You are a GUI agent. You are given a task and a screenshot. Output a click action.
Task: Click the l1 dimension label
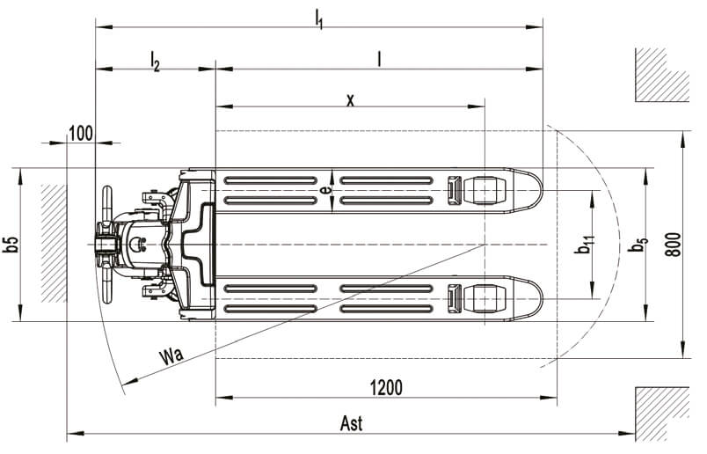point(319,18)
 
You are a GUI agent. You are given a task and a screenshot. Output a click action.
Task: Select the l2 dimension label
point(155,61)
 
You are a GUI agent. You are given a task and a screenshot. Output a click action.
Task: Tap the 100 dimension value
point(81,134)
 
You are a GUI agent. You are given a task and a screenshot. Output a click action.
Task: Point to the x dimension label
point(350,99)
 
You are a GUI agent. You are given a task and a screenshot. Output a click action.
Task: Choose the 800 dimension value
point(674,245)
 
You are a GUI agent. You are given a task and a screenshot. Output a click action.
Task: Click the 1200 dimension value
point(386,388)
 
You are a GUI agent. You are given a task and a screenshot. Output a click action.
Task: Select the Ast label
point(351,424)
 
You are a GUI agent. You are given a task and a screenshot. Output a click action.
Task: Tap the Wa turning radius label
point(171,355)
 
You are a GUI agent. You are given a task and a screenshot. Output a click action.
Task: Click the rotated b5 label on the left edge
point(11,244)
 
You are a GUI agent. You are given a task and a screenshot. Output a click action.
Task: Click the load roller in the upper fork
point(484,190)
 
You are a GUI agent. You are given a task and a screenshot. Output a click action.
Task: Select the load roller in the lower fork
point(484,299)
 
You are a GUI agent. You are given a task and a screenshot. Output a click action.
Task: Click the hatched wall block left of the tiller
point(54,243)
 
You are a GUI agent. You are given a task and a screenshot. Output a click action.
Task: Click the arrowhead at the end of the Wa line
point(130,382)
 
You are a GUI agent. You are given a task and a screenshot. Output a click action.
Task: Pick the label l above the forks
point(379,59)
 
